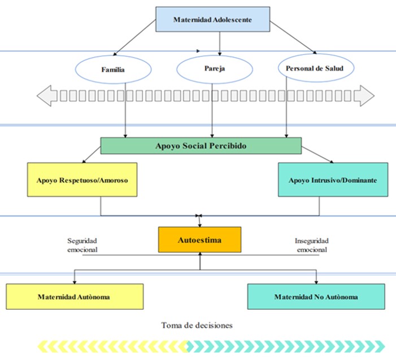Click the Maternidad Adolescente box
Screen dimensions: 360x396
tap(212, 20)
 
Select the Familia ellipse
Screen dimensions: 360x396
tap(113, 70)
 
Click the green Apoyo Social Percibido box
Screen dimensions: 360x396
tap(201, 146)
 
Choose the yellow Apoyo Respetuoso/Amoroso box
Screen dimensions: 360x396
tap(82, 179)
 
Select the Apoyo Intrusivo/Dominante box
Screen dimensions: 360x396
tap(333, 179)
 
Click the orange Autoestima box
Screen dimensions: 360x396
tap(200, 240)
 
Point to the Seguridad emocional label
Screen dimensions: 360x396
tap(82, 245)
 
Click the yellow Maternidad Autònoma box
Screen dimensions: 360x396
tap(74, 296)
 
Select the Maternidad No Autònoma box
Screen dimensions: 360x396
tap(316, 296)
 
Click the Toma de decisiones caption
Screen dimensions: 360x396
tap(197, 325)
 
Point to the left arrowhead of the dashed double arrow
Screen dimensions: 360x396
tap(45, 96)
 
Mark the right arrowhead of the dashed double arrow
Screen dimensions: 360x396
tap(367, 96)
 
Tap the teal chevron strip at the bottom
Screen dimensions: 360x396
tap(285, 345)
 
